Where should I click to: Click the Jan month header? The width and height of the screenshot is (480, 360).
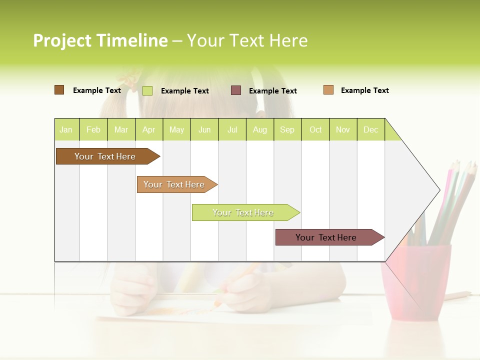click(x=66, y=129)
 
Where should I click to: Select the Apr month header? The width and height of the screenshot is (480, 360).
click(x=148, y=129)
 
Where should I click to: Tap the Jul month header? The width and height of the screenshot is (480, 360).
click(x=232, y=129)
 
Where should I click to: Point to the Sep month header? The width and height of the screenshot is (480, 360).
click(x=287, y=129)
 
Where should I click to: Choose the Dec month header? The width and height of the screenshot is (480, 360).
click(x=370, y=129)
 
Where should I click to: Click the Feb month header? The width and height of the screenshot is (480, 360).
click(x=93, y=129)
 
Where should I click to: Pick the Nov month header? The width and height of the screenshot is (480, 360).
click(x=342, y=129)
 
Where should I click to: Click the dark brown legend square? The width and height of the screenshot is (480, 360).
click(x=59, y=90)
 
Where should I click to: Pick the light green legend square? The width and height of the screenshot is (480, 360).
click(x=147, y=90)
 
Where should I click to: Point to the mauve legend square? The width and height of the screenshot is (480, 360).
click(x=236, y=90)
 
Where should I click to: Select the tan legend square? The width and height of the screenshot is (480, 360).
click(x=328, y=90)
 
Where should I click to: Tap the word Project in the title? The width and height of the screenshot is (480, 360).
click(x=62, y=40)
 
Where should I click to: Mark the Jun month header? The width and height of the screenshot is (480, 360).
click(x=204, y=129)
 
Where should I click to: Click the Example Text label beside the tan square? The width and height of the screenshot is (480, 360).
click(x=364, y=90)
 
